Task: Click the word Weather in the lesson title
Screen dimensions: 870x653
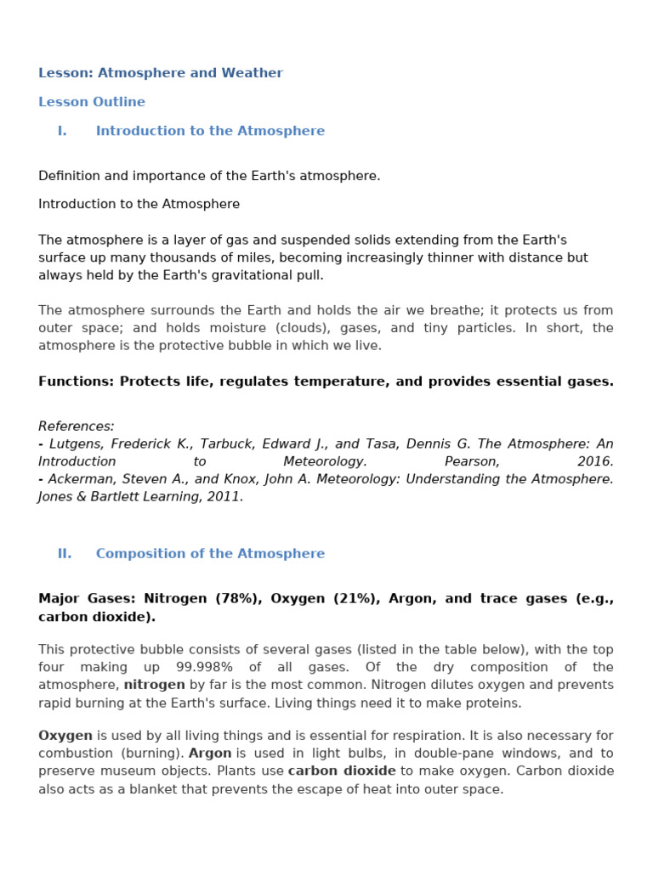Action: tap(253, 73)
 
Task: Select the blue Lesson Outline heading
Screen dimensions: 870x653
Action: tap(92, 102)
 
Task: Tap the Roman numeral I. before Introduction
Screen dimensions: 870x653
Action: tap(62, 131)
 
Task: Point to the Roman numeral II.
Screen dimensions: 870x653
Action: tap(65, 553)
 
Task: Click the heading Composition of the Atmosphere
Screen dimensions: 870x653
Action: tap(210, 553)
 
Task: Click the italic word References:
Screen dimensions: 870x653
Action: tap(77, 426)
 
